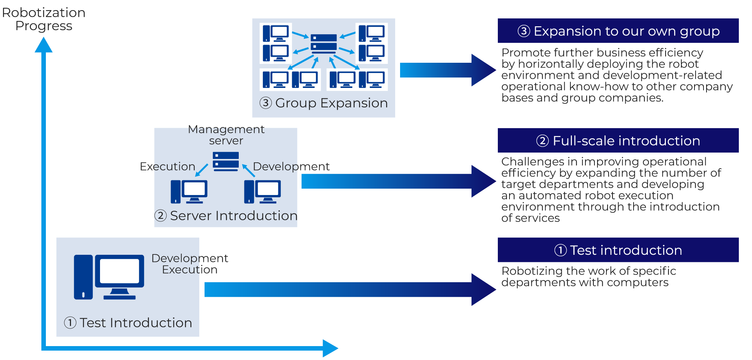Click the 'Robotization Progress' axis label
[44, 19]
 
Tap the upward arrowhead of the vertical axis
[44, 45]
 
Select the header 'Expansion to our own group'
[618, 31]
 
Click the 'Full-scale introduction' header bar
[618, 141]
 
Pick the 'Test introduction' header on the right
[618, 250]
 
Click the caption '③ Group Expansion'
[323, 103]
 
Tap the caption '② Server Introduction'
[226, 216]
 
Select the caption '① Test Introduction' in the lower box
[128, 323]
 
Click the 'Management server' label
[226, 135]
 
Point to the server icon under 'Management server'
[226, 161]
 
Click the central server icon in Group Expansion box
[324, 43]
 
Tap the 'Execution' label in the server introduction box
[167, 166]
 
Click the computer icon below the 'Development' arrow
[262, 192]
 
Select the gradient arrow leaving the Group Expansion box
[447, 70]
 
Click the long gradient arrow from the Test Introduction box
[350, 290]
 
